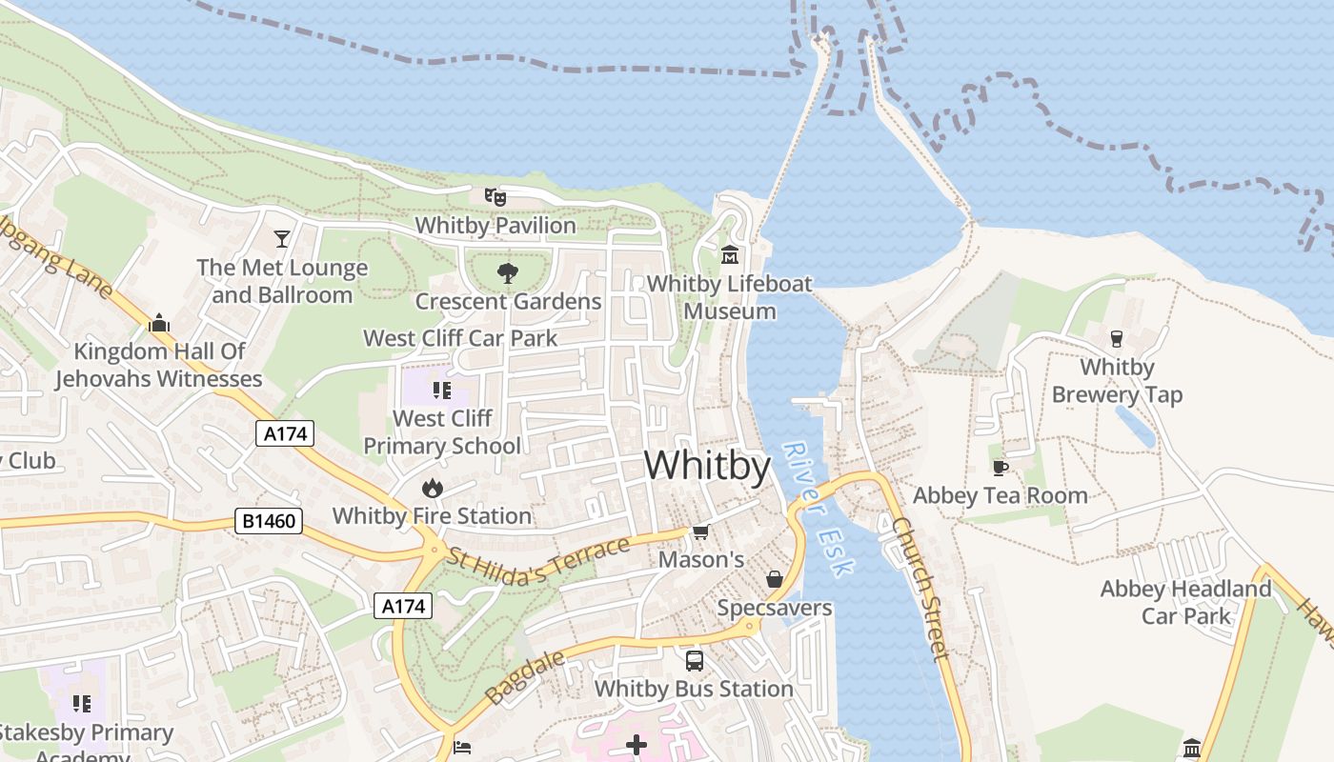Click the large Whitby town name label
pos(707,466)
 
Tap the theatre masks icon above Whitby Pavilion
pos(495,197)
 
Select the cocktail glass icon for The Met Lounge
pos(282,238)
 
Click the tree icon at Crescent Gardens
pos(508,273)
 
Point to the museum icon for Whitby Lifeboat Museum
pos(730,255)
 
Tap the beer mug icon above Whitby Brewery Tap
pos(1117,338)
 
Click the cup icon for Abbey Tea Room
pos(1000,468)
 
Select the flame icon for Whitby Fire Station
pos(433,488)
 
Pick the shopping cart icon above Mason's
pos(701,531)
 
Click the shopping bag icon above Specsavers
pos(774,579)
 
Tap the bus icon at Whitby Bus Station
pos(695,660)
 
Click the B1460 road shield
pos(269,521)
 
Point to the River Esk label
pos(818,509)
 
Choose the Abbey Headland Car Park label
pos(1185,602)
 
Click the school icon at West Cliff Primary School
pos(440,390)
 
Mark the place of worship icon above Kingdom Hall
pos(159,323)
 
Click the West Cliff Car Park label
pos(460,338)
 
